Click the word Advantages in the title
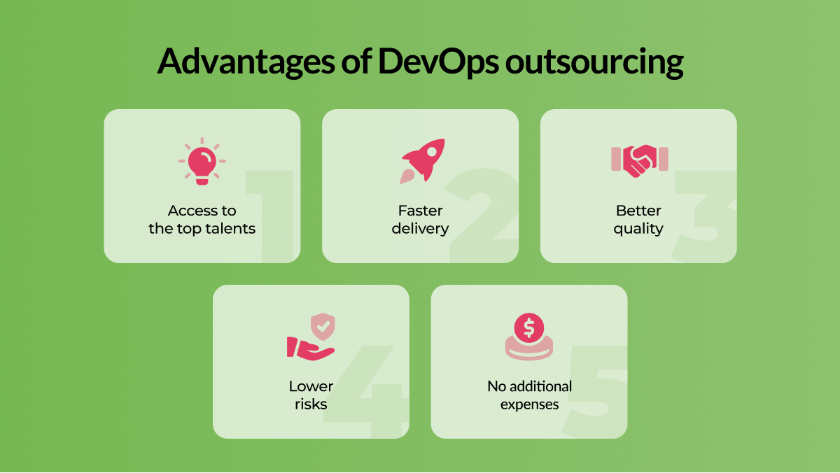coord(246,62)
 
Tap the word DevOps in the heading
coord(438,62)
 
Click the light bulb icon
coord(202,161)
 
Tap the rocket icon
coord(422,161)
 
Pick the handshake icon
coord(639,161)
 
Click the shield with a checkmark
coord(323,327)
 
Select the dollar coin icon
coord(528,337)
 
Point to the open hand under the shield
coord(309,349)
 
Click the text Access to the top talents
coord(202,220)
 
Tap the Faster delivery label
coord(421,220)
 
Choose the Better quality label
coord(638,220)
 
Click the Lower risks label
coord(311,395)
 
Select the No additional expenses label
coord(529,395)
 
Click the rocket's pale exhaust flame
coord(407,176)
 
